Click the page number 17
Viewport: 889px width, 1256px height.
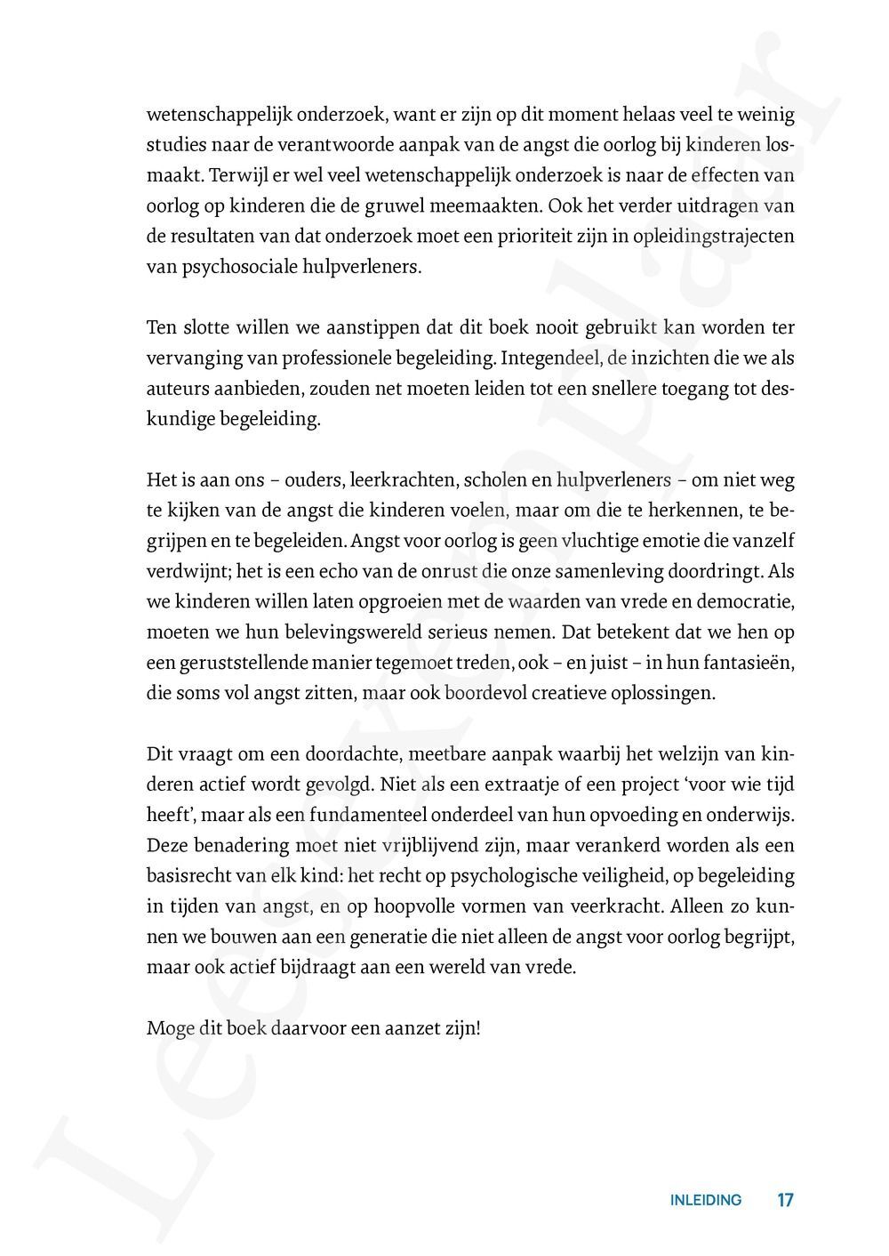[785, 1200]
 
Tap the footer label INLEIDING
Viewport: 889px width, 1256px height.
[705, 1200]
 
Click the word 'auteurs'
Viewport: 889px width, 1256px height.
[175, 389]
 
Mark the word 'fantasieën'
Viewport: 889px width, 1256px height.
[750, 664]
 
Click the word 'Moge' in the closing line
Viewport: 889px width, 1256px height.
[167, 1029]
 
